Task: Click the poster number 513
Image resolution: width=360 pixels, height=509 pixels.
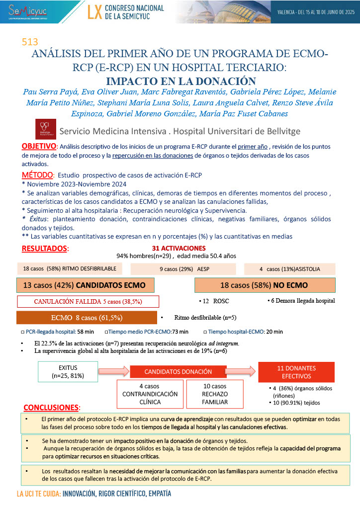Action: tap(30, 43)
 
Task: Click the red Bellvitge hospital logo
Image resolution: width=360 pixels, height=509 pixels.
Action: tap(46, 129)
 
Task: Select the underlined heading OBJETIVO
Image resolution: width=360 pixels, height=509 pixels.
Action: tap(39, 146)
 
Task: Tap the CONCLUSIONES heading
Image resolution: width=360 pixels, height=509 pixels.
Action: tap(52, 407)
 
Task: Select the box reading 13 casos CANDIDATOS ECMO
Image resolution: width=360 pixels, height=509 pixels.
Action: tap(86, 285)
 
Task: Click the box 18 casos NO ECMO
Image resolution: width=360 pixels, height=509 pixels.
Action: tap(264, 285)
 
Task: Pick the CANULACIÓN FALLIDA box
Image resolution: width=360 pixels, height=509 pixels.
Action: tap(88, 301)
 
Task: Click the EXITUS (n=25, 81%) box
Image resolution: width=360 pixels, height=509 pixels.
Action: tap(68, 371)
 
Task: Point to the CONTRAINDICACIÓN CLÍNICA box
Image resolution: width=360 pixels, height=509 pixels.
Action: tap(150, 394)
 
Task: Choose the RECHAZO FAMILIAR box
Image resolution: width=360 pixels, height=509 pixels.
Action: tap(215, 394)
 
